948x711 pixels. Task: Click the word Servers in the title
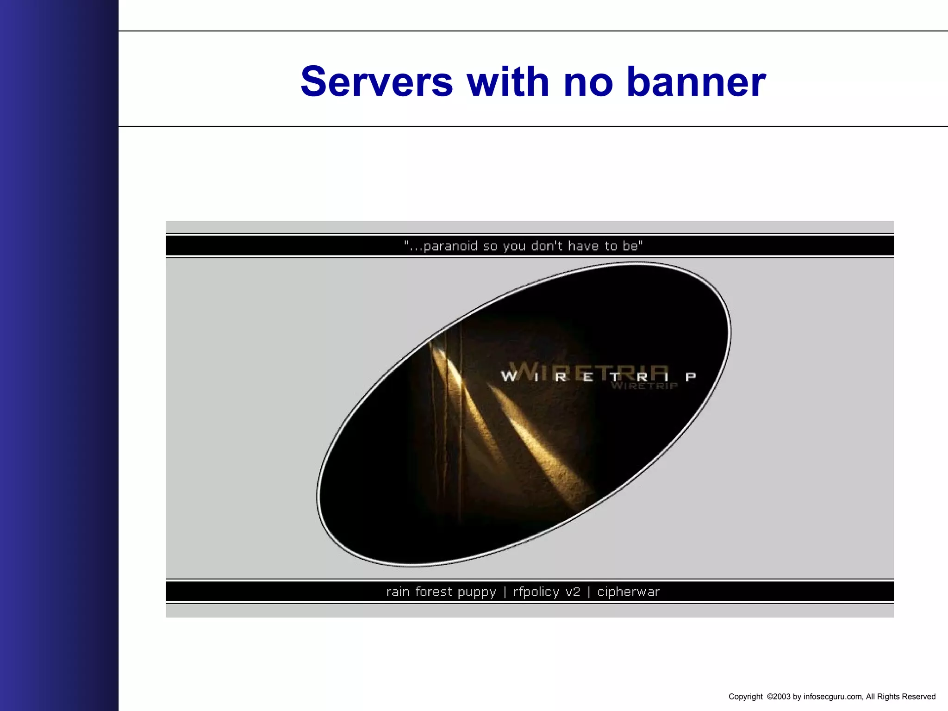377,82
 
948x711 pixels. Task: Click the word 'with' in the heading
508,82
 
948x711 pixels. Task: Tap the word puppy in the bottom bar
476,592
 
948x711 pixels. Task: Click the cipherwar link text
628,592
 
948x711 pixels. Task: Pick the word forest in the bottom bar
433,592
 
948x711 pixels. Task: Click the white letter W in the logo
509,376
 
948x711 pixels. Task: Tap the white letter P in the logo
691,377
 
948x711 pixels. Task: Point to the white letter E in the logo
588,377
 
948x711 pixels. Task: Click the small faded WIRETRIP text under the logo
644,386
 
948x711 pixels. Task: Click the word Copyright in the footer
745,697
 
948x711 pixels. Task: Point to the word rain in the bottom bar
398,592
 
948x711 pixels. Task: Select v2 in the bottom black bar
573,592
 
